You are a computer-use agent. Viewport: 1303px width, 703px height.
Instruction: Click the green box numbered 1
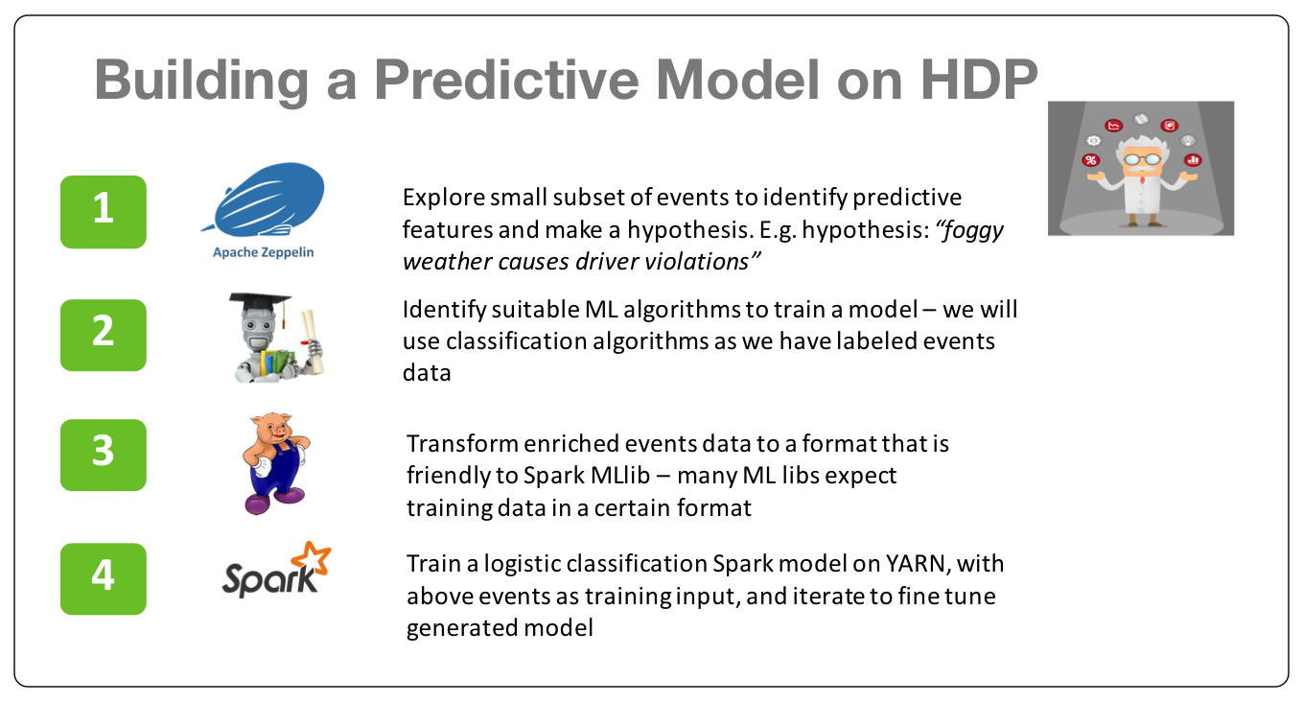click(x=104, y=212)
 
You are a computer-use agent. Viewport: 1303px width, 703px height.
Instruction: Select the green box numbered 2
click(x=104, y=336)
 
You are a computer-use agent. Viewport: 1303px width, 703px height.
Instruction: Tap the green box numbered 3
click(x=104, y=456)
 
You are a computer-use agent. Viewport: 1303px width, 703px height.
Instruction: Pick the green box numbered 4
click(x=104, y=579)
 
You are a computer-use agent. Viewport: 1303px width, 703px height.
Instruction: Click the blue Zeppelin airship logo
click(x=265, y=199)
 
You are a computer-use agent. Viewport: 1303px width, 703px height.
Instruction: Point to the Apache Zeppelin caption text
click(x=263, y=252)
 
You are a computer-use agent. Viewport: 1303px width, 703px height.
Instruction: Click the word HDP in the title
click(x=979, y=80)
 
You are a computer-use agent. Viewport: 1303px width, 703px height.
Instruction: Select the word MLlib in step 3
click(x=620, y=476)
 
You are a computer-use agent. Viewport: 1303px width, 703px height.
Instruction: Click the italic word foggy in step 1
click(x=969, y=231)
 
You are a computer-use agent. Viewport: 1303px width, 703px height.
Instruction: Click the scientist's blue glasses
click(x=1142, y=157)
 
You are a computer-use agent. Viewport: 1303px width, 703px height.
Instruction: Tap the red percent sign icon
click(x=1091, y=160)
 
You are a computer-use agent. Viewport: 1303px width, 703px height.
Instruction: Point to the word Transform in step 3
click(x=462, y=444)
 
